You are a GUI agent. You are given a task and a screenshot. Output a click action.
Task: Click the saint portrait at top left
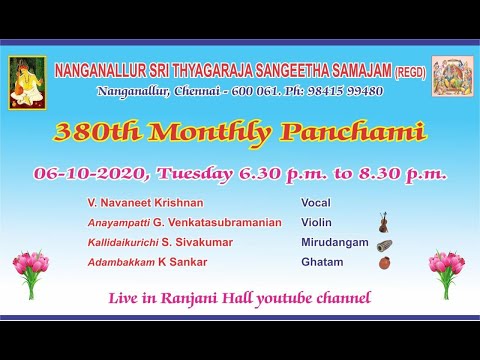(x=27, y=82)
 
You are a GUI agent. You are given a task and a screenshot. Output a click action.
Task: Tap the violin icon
(x=382, y=223)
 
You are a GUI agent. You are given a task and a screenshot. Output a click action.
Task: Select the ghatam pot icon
(x=383, y=263)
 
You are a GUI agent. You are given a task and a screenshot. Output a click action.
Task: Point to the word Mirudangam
(x=335, y=243)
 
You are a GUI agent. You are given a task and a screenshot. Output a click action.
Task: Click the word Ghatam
(x=322, y=263)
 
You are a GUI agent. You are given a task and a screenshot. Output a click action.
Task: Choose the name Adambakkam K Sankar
(x=140, y=263)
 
